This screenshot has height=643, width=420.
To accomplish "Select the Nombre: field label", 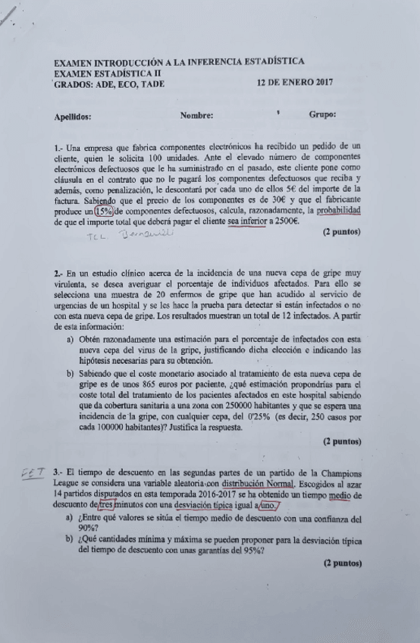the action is click(x=196, y=116).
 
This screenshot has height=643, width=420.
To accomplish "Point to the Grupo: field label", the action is click(x=323, y=115).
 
